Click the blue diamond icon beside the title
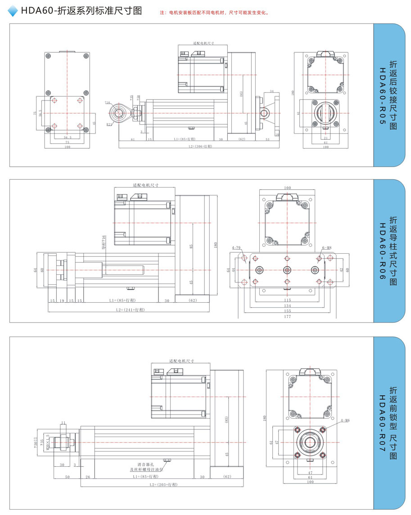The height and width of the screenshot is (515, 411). tap(14, 11)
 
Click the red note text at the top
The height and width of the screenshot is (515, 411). tap(214, 13)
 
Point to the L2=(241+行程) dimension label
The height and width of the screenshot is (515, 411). tap(130, 310)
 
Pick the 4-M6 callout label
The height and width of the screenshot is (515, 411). tap(345, 420)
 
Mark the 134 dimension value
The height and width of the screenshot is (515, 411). tap(287, 305)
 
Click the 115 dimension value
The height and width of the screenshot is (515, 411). tap(287, 300)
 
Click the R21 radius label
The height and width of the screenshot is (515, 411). tap(109, 124)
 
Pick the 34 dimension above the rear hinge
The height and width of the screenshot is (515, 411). tap(271, 91)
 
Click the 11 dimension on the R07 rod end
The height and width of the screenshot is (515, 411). tap(63, 422)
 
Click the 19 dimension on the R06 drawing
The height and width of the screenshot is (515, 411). tap(62, 300)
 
